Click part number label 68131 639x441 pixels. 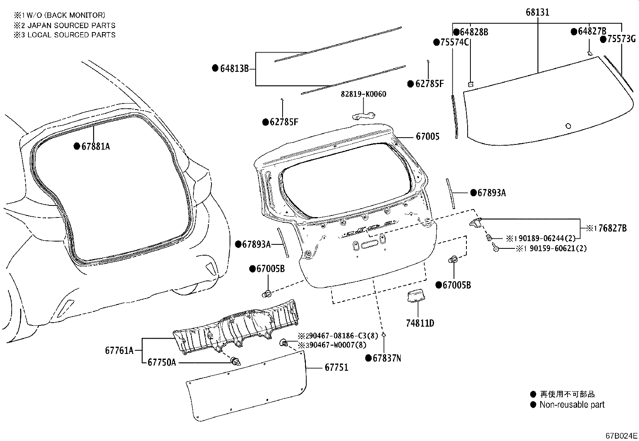point(537,12)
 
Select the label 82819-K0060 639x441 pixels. point(363,94)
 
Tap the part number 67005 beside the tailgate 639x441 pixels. point(427,137)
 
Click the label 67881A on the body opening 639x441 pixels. point(96,146)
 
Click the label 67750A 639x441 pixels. point(161,362)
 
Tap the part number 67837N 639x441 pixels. point(387,358)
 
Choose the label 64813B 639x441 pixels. point(234,69)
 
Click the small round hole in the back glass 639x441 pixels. point(568,126)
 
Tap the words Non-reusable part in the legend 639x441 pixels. point(572,405)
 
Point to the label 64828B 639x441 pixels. point(474,33)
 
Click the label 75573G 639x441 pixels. point(621,39)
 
